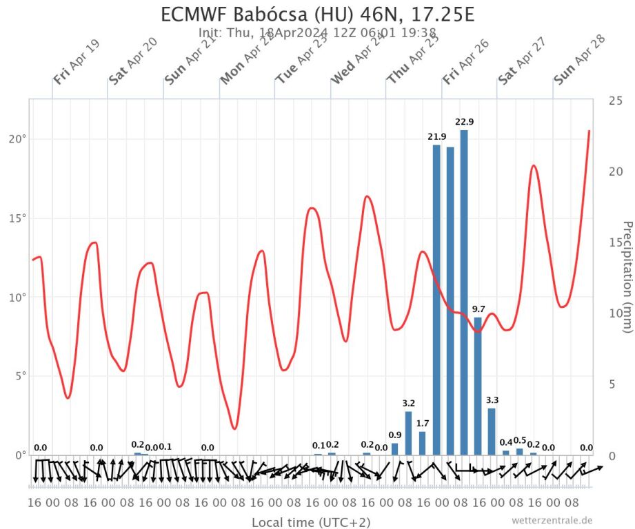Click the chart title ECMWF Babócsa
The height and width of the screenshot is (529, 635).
pyautogui.click(x=317, y=14)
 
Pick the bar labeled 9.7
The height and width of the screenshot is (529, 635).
pyautogui.click(x=478, y=386)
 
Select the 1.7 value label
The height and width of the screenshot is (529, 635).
pyautogui.click(x=423, y=423)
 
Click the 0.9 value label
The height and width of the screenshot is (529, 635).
pyautogui.click(x=395, y=435)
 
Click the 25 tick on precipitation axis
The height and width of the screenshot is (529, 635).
pyautogui.click(x=615, y=101)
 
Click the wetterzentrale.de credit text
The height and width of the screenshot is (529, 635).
pyautogui.click(x=552, y=521)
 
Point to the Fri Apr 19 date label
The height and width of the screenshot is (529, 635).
pyautogui.click(x=77, y=62)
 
